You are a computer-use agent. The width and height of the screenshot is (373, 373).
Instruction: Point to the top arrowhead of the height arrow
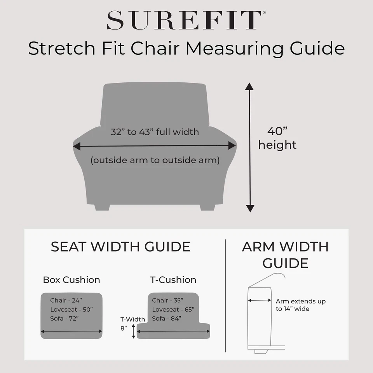click(249, 86)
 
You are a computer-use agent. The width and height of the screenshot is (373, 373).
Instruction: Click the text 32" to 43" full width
click(155, 132)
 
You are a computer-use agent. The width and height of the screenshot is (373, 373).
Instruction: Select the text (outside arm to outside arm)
click(155, 160)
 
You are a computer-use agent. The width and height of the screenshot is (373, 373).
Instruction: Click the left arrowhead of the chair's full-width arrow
click(76, 146)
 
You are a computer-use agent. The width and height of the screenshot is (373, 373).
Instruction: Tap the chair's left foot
click(102, 207)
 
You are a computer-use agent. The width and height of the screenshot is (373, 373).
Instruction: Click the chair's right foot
click(207, 207)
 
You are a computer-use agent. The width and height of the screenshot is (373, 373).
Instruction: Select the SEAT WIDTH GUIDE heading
click(120, 247)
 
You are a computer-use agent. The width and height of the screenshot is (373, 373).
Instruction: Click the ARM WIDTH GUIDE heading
click(285, 254)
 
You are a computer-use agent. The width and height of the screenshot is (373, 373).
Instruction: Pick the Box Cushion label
click(71, 280)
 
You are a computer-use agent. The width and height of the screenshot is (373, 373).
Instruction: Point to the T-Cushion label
click(173, 280)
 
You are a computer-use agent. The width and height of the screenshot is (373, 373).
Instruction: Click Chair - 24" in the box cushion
click(66, 300)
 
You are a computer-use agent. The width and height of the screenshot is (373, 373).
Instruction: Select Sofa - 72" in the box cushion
click(64, 319)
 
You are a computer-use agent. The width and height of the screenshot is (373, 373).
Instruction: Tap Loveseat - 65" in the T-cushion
click(173, 310)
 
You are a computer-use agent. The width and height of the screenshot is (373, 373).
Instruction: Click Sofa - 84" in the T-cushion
click(166, 319)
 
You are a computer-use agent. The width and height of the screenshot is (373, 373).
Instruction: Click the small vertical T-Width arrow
click(134, 331)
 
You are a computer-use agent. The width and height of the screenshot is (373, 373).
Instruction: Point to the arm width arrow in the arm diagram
click(260, 300)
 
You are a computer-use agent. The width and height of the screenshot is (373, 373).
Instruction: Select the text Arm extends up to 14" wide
click(300, 305)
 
